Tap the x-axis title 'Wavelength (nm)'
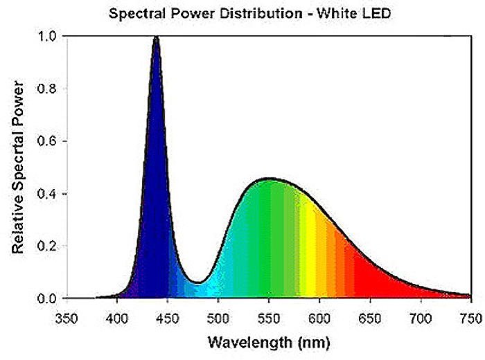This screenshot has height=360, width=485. (267, 342)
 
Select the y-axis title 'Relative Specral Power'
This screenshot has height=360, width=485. (18, 167)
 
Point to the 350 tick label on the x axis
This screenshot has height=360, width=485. (66, 317)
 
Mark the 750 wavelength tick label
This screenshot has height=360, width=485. (470, 317)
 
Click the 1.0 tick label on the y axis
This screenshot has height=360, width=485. (48, 36)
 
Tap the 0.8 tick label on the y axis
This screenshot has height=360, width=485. (48, 89)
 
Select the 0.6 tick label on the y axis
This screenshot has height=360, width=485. (48, 141)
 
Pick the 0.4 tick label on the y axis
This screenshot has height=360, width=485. (48, 194)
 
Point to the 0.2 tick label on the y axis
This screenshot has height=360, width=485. (48, 246)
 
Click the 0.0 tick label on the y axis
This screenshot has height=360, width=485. (48, 299)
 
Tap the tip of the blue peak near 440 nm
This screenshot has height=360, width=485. (156, 37)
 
